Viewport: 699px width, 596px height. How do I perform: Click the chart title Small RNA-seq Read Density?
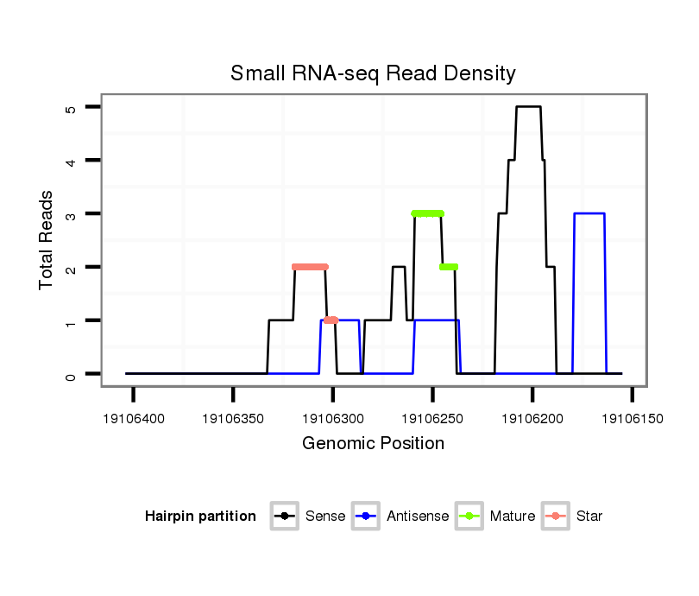373,73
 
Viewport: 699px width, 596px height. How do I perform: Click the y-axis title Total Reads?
47,240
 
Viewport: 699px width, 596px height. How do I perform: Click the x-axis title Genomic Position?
373,443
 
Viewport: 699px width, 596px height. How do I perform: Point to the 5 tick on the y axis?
71,107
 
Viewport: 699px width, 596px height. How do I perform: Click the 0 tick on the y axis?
71,374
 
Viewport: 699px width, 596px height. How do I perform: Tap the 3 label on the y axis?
71,213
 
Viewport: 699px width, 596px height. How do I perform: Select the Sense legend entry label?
325,517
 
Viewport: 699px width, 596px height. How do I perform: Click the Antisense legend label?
418,517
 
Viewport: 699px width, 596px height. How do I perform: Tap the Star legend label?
589,517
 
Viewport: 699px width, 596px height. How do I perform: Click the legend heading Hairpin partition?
200,517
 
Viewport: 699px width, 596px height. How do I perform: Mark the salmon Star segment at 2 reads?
310,267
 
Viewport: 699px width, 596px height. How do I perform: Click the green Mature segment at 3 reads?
427,213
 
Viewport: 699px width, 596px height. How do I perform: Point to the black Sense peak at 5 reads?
528,107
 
